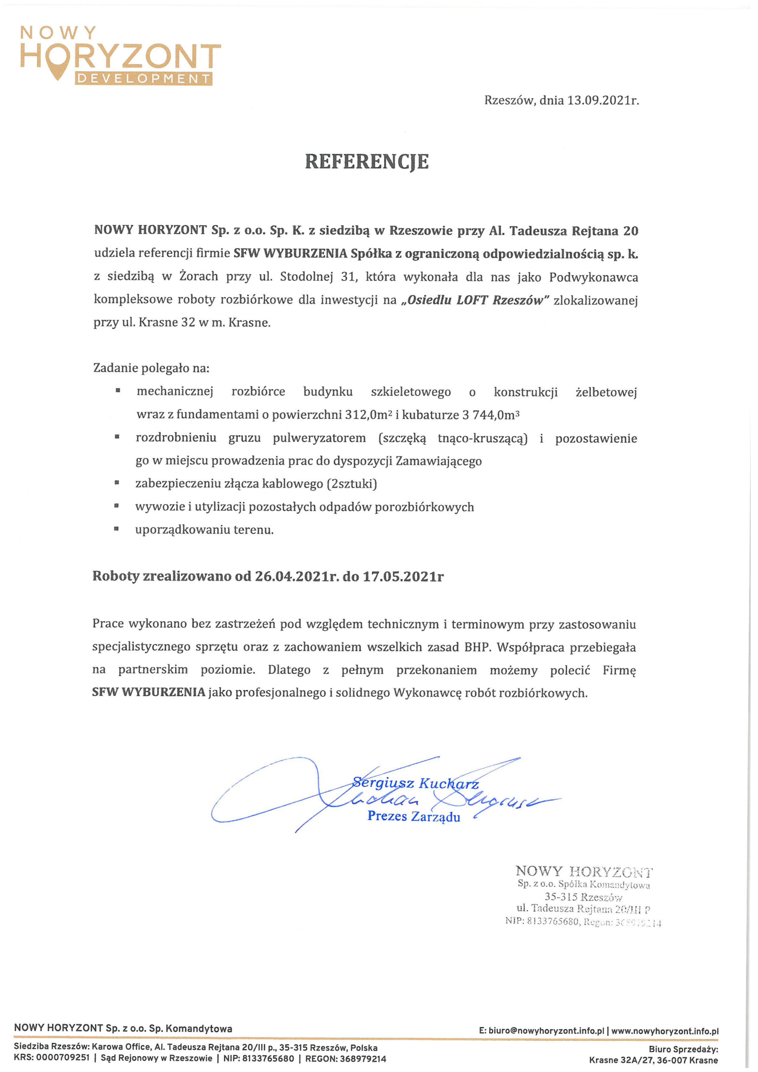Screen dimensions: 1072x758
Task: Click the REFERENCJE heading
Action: tap(366, 162)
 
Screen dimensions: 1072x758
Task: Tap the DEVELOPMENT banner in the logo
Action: tap(143, 78)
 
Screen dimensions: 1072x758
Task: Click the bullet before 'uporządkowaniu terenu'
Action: tap(117, 529)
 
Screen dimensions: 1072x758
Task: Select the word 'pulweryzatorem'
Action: tap(319, 438)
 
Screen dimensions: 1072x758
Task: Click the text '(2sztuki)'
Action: tap(353, 483)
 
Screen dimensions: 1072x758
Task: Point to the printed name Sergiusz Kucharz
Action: tap(415, 783)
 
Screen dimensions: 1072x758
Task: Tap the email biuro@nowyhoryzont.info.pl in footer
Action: tap(546, 1031)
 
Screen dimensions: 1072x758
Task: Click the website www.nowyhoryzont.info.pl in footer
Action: tap(665, 1031)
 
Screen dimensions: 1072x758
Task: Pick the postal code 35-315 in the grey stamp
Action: tap(561, 897)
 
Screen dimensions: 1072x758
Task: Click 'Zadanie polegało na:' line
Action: tap(151, 368)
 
